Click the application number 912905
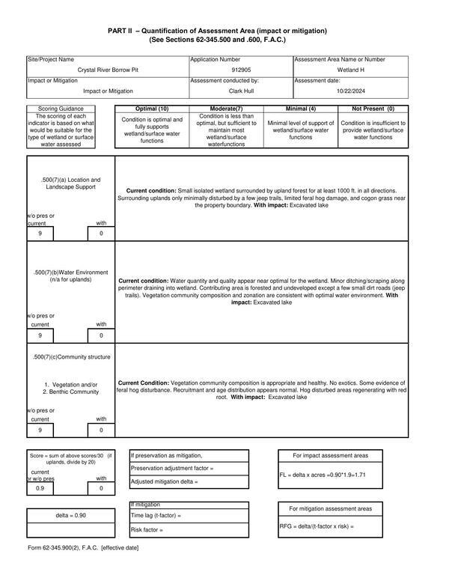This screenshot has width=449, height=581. click(x=240, y=70)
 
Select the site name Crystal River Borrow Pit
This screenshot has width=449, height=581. click(x=108, y=70)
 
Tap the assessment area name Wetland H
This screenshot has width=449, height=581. click(x=351, y=70)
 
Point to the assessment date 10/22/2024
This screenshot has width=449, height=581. click(x=351, y=91)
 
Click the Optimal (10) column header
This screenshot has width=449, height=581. click(x=152, y=109)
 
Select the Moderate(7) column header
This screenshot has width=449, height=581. click(x=225, y=109)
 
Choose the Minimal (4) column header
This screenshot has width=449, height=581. click(x=300, y=109)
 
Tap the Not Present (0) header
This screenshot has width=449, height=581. click(x=373, y=109)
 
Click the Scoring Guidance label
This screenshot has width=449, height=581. click(x=62, y=109)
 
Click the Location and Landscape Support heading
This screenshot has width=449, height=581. click(x=71, y=183)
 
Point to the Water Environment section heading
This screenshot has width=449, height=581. click(x=71, y=276)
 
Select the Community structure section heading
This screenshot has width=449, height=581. click(x=71, y=357)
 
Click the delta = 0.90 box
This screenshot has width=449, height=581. click(x=71, y=515)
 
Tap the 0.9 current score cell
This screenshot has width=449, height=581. click(x=40, y=488)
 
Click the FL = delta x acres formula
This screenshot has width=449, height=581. click(x=323, y=475)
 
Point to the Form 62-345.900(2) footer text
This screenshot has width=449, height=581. click(x=83, y=549)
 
